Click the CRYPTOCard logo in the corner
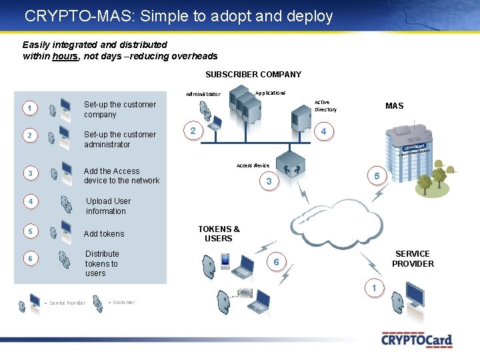(x=417, y=339)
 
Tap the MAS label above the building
(x=394, y=106)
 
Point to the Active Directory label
(x=325, y=106)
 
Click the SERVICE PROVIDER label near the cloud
(x=413, y=259)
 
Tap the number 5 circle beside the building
(x=377, y=176)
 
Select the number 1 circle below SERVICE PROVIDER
(x=375, y=288)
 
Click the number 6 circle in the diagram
(x=276, y=263)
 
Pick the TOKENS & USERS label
(x=219, y=233)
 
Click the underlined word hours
(x=65, y=57)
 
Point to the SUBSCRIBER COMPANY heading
(x=253, y=75)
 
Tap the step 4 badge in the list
(x=29, y=201)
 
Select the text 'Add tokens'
(x=104, y=234)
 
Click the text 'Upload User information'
(x=108, y=206)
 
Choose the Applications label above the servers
(x=270, y=93)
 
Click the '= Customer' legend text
(x=121, y=303)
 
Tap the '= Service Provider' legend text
(x=65, y=303)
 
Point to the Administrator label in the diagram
(x=203, y=94)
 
